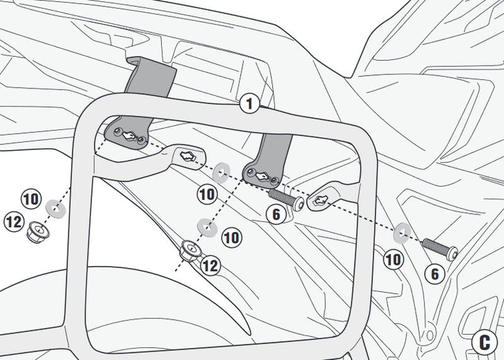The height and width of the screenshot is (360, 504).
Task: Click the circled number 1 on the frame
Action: [x=249, y=103]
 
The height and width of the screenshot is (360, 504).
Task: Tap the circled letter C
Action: [x=484, y=342]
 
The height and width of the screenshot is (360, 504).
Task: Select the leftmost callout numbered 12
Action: [x=14, y=222]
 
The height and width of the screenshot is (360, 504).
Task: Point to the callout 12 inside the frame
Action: [x=210, y=265]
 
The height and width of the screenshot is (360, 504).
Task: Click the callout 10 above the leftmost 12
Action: [x=31, y=199]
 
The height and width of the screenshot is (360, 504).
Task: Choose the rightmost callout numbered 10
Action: [x=393, y=259]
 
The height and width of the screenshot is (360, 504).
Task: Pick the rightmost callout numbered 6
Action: [x=435, y=274]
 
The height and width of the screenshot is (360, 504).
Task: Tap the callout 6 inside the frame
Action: [x=277, y=214]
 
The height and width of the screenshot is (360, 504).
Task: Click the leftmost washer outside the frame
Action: [x=56, y=209]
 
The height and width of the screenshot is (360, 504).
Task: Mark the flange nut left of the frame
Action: [x=38, y=231]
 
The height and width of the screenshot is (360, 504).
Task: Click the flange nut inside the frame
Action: [x=190, y=251]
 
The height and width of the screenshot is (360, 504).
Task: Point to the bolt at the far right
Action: [x=440, y=249]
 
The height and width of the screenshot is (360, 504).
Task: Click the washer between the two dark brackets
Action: [x=222, y=173]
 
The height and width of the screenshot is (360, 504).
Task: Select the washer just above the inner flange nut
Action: [x=207, y=228]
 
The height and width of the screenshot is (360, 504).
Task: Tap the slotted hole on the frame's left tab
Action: [x=187, y=156]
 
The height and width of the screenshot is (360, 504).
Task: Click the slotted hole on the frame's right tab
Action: [x=321, y=200]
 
